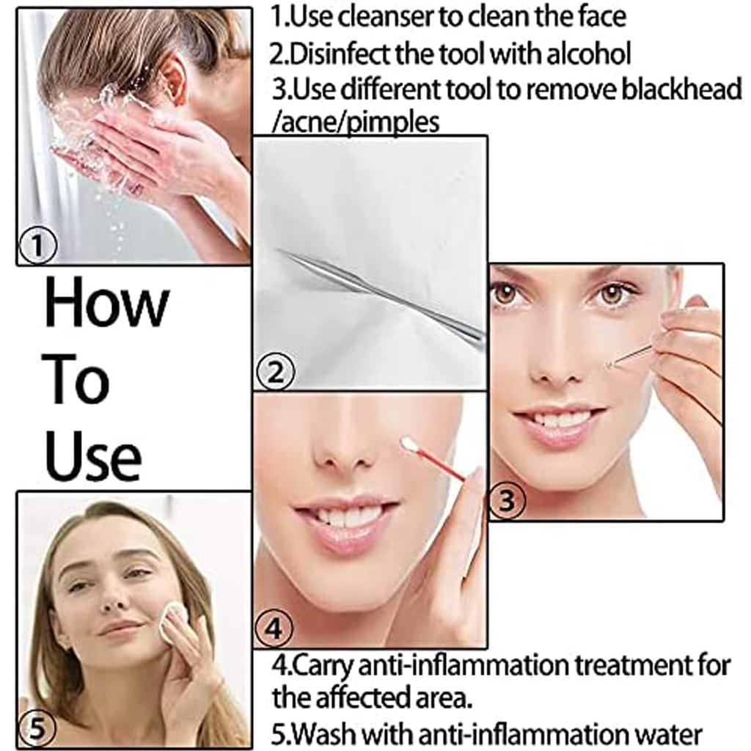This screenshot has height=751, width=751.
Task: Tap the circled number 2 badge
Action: [x=275, y=373]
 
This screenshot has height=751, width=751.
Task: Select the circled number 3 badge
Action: [x=507, y=501]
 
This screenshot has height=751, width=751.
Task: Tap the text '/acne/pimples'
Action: [x=356, y=122]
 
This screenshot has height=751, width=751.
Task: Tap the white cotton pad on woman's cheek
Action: [x=173, y=620]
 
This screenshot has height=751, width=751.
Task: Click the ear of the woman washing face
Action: [x=174, y=78]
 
